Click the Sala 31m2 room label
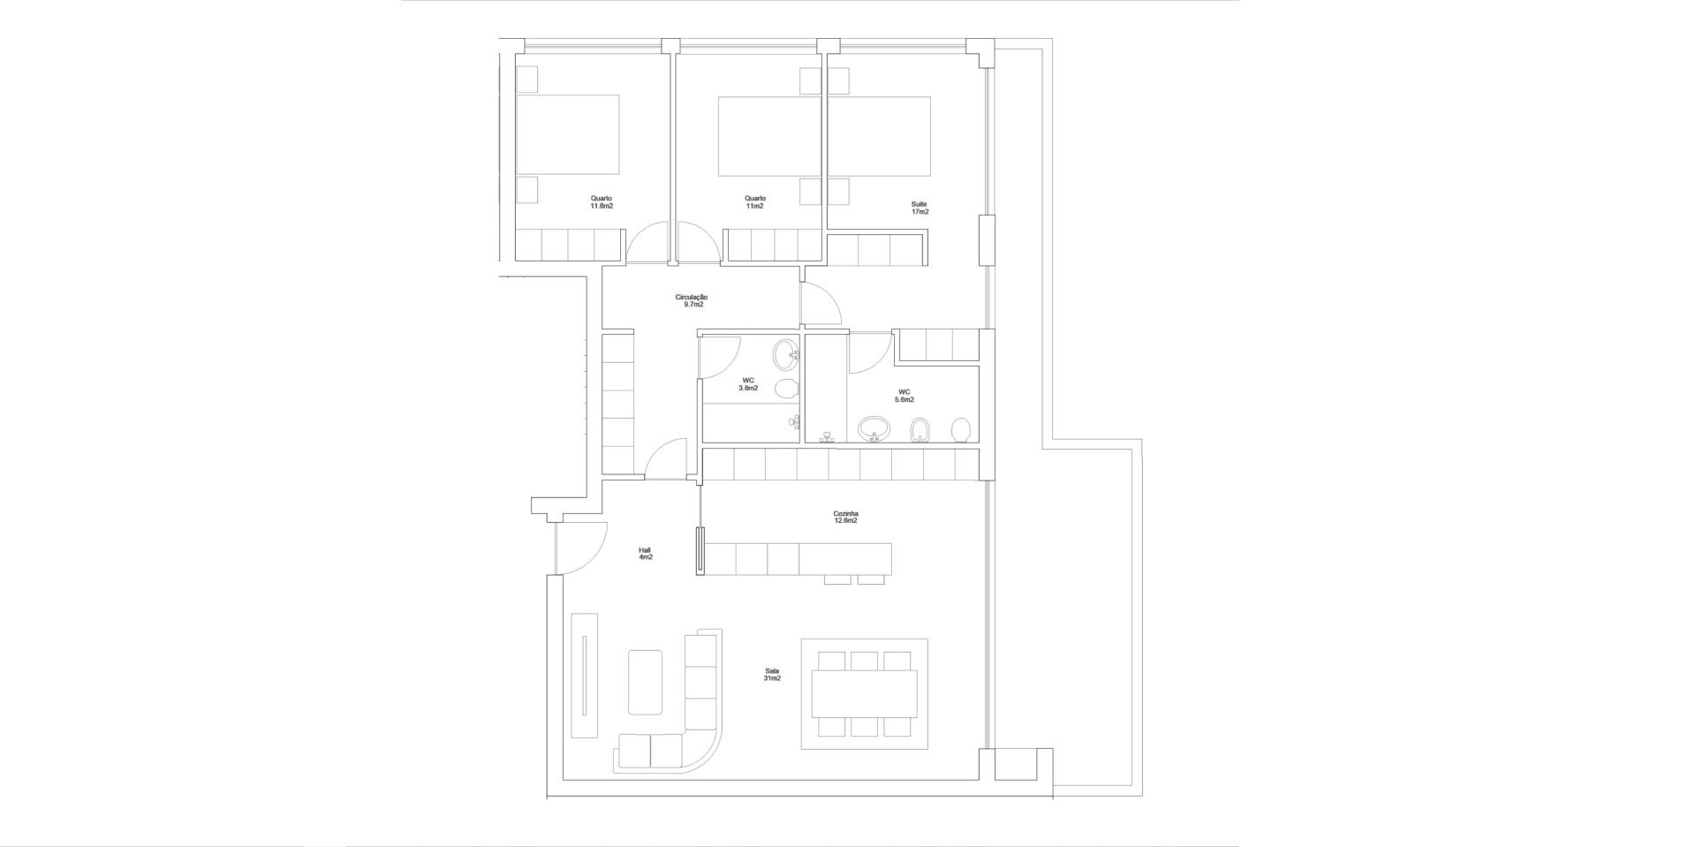click(x=773, y=675)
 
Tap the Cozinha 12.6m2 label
click(x=845, y=518)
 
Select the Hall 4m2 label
click(x=646, y=554)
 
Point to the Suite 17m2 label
click(x=920, y=208)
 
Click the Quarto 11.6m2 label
click(x=602, y=202)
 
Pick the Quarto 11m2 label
click(x=754, y=202)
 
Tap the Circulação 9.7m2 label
click(x=692, y=301)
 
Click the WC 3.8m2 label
click(x=748, y=384)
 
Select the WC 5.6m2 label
click(x=905, y=396)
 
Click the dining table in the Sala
click(x=864, y=693)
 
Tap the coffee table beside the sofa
click(x=645, y=682)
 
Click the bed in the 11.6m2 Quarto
click(x=567, y=135)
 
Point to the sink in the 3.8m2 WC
click(x=785, y=356)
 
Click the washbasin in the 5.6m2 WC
click(x=874, y=428)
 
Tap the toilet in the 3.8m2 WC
click(x=786, y=388)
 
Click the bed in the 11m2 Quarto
click(x=769, y=136)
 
